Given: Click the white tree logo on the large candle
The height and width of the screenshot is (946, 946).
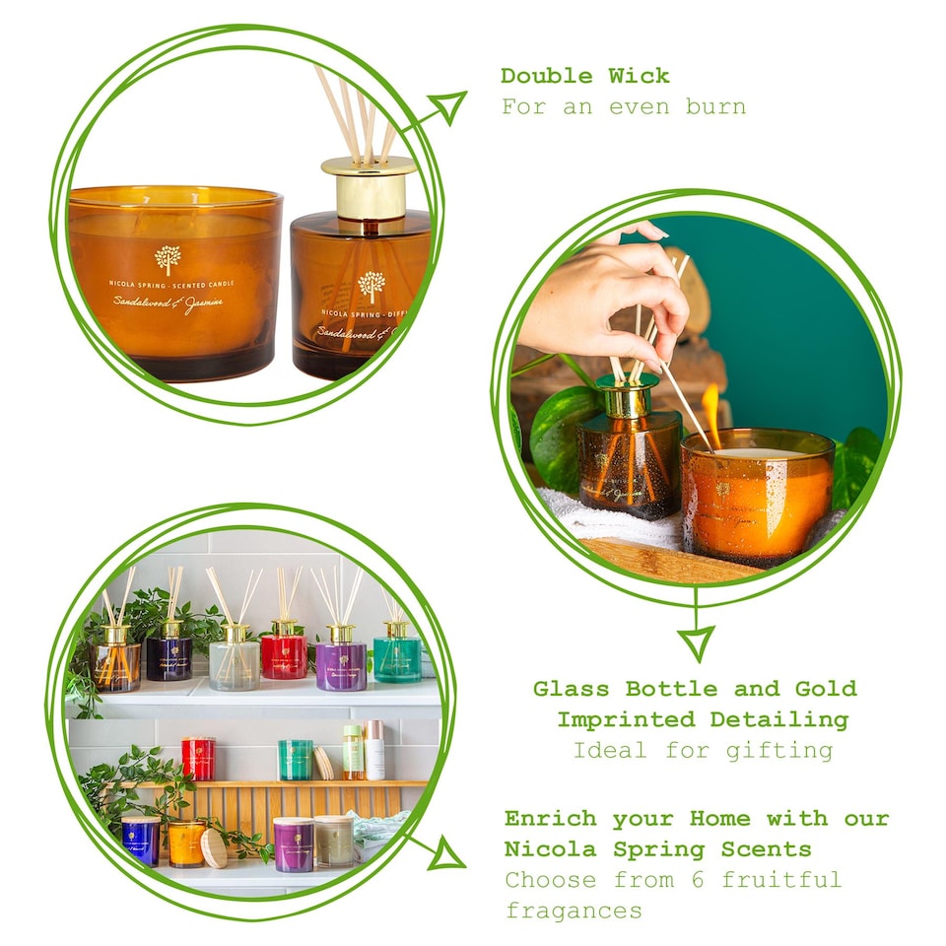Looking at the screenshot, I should (168, 259).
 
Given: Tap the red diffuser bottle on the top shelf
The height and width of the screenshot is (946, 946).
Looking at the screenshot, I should (284, 654).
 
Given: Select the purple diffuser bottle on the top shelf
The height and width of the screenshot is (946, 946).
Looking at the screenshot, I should (341, 663).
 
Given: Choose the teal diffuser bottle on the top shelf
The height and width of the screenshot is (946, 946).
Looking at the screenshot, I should (397, 656).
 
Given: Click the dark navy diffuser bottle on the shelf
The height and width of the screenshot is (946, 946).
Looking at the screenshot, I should (169, 656).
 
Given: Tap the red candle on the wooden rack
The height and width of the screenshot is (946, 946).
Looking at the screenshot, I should (198, 758).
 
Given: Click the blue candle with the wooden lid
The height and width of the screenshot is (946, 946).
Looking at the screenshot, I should (141, 840).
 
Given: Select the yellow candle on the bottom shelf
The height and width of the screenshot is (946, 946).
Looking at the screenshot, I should (185, 844).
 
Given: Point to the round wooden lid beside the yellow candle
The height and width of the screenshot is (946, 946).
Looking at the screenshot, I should (214, 848).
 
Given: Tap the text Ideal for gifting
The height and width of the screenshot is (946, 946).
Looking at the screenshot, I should (703, 751).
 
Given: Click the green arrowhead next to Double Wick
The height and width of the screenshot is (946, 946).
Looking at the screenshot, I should (449, 105).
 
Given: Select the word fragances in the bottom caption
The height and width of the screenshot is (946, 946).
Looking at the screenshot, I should (574, 911).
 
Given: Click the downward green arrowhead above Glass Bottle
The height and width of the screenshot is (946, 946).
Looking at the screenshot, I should (697, 642).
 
